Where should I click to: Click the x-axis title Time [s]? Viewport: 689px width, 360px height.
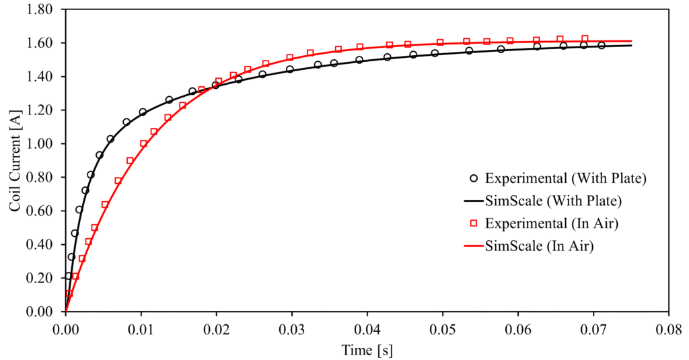[x=367, y=351]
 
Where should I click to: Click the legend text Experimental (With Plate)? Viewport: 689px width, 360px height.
[x=565, y=179]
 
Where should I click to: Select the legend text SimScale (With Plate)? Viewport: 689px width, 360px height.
[x=552, y=201]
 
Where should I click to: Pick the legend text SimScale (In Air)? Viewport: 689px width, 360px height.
[x=539, y=246]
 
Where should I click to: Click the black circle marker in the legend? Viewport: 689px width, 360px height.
[x=474, y=179]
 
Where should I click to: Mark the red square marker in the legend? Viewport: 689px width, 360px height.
[x=474, y=223]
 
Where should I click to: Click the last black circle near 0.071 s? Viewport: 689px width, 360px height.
[x=602, y=46]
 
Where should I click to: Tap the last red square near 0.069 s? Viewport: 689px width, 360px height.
[x=585, y=39]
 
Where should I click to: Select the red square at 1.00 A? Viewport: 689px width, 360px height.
[x=143, y=143]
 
